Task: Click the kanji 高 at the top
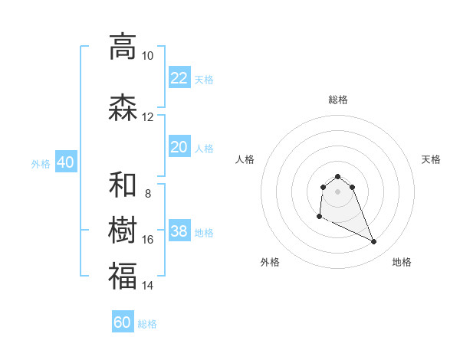[123, 47]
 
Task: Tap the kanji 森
[123, 107]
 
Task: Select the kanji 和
[123, 185]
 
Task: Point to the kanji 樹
[123, 230]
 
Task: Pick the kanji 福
[123, 276]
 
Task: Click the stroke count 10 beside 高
[147, 56]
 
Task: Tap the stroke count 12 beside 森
[147, 117]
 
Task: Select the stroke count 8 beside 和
[147, 194]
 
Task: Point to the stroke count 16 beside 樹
[147, 240]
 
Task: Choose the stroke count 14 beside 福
[147, 286]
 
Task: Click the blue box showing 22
[179, 78]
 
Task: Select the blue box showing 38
[179, 231]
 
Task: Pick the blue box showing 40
[65, 162]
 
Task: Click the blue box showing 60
[123, 322]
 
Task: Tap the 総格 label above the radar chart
[338, 100]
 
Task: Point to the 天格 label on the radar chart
[431, 159]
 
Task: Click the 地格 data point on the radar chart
[374, 242]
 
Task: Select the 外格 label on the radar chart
[270, 262]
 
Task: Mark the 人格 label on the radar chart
[245, 159]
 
